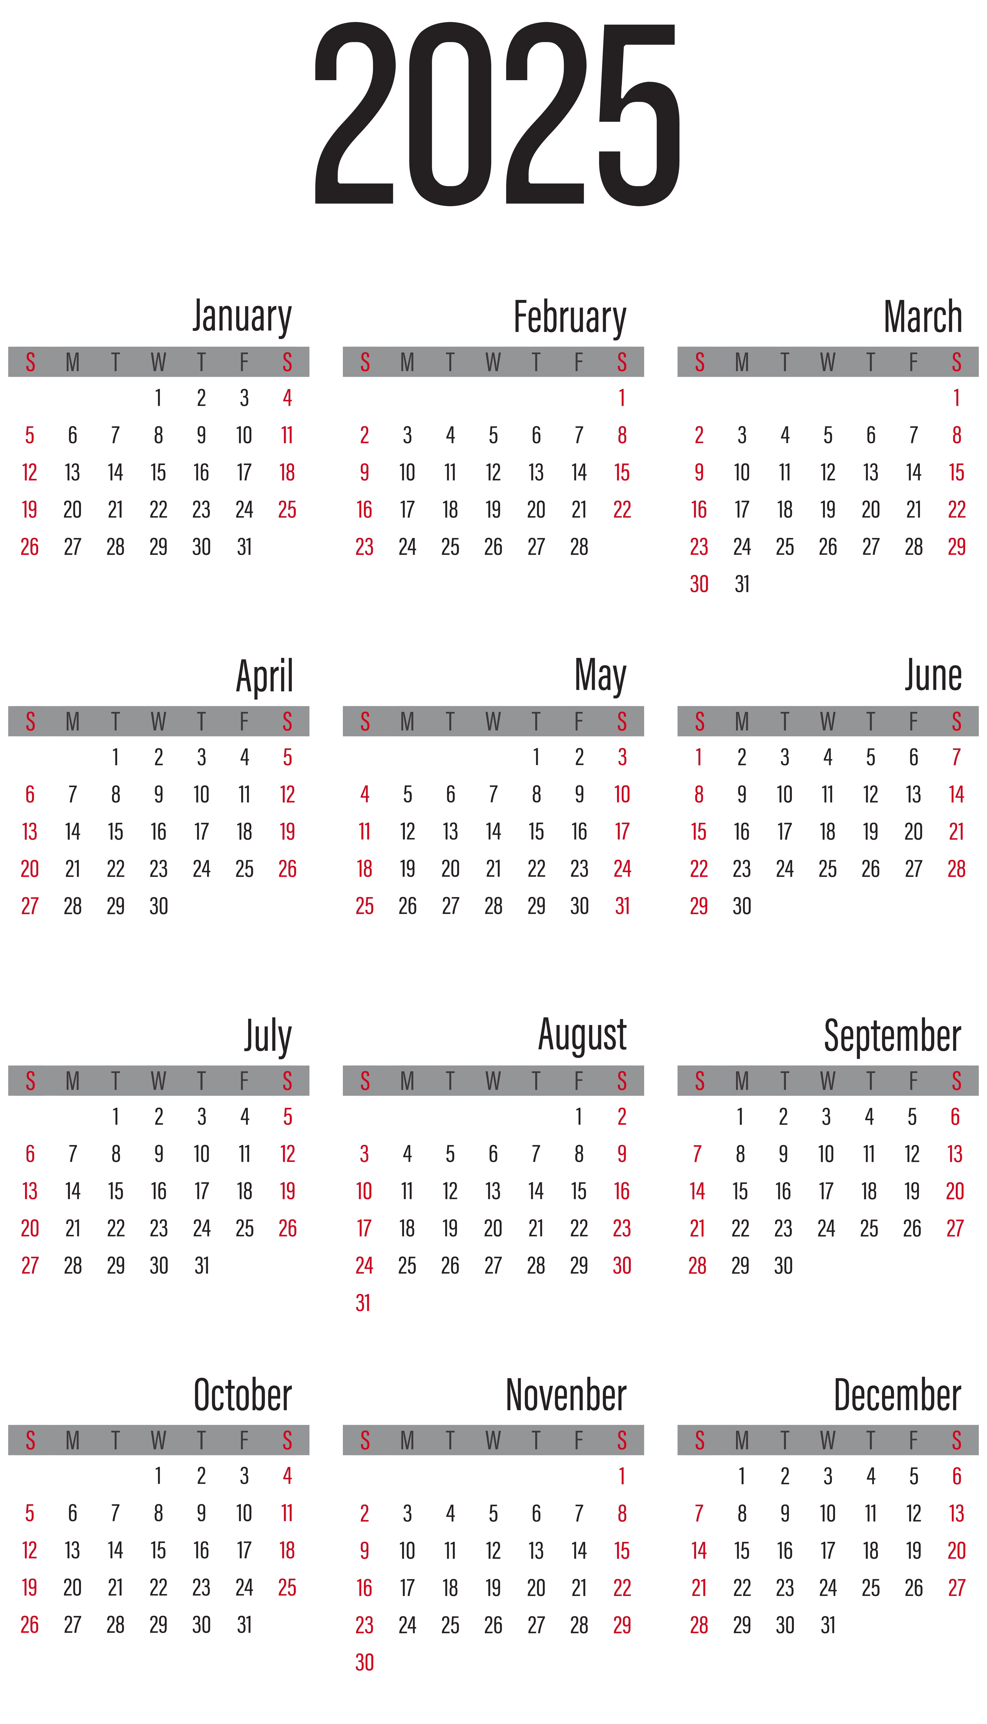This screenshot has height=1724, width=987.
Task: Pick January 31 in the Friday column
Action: [x=244, y=547]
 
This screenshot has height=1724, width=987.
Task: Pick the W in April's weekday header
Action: [x=158, y=722]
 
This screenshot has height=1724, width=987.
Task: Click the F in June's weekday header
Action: [x=913, y=722]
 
